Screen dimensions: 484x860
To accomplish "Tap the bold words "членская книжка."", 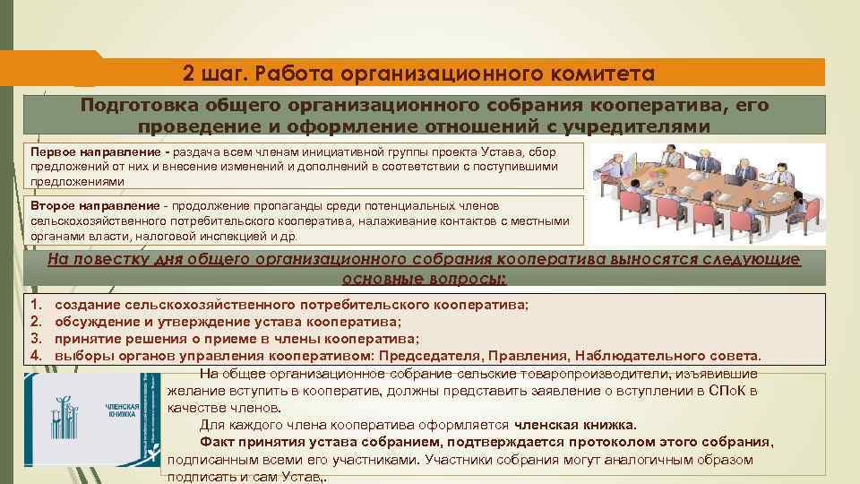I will [577, 425].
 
